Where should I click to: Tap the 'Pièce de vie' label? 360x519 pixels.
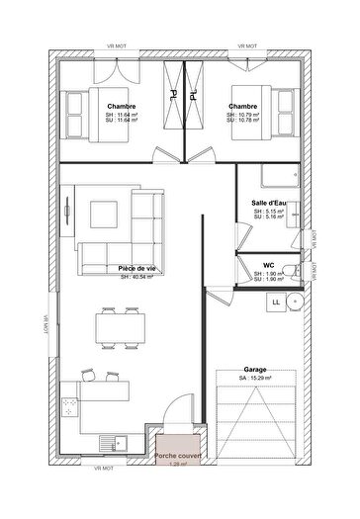pyautogui.click(x=137, y=268)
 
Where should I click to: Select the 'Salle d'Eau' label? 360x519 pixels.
pyautogui.click(x=269, y=202)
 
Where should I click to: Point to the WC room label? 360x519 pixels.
pyautogui.click(x=268, y=265)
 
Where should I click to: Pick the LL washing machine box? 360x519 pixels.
pyautogui.click(x=275, y=302)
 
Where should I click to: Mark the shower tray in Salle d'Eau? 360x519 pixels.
pyautogui.click(x=279, y=176)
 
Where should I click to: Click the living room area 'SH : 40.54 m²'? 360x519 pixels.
pyautogui.click(x=137, y=277)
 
